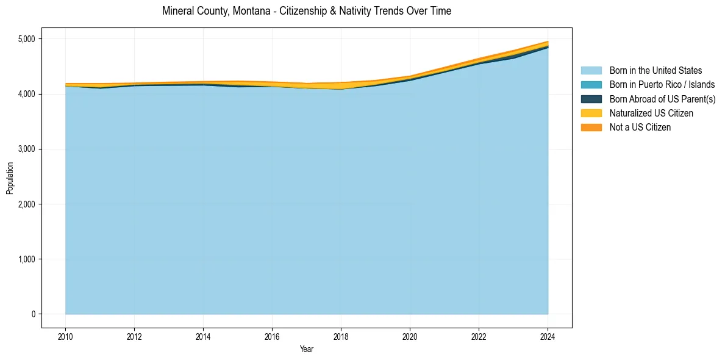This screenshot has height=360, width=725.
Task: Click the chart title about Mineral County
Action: pos(307,11)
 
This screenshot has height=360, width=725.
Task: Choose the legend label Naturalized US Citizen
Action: pos(651,113)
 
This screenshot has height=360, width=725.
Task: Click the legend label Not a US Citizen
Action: pos(640,128)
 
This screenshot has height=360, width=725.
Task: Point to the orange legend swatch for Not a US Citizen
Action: pos(591,128)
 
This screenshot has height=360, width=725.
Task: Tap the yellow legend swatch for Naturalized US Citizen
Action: pos(591,113)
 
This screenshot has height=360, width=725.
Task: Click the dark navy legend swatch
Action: pos(591,99)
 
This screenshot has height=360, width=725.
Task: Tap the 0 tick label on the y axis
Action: pos(34,314)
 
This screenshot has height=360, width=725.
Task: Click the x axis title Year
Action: pos(307,349)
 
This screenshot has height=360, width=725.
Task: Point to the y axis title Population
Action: pos(10,178)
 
